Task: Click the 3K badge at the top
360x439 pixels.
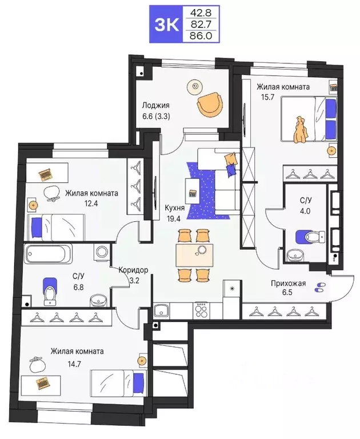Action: (x=165, y=23)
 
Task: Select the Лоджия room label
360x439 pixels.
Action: (x=156, y=106)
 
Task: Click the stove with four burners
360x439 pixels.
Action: (x=203, y=311)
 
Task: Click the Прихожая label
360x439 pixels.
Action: (x=289, y=283)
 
